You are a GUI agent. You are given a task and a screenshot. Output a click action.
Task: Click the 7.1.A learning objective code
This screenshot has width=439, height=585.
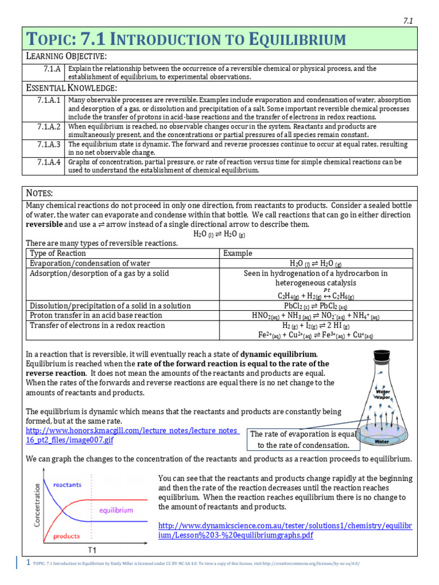(52, 69)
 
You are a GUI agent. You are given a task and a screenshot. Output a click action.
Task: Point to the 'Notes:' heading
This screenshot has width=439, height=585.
(40, 194)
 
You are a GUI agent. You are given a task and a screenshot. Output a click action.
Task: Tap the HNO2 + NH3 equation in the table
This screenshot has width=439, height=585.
(316, 316)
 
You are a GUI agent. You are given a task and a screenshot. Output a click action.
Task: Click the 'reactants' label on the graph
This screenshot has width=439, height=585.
(67, 485)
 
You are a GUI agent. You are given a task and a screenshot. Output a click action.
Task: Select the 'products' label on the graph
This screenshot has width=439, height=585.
(66, 536)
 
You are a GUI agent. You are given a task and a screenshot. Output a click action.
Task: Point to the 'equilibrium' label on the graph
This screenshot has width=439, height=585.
(116, 510)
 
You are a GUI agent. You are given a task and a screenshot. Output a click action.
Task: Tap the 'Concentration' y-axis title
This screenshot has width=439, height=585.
(38, 505)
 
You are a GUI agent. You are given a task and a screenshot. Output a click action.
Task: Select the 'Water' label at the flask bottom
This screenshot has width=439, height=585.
(382, 441)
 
